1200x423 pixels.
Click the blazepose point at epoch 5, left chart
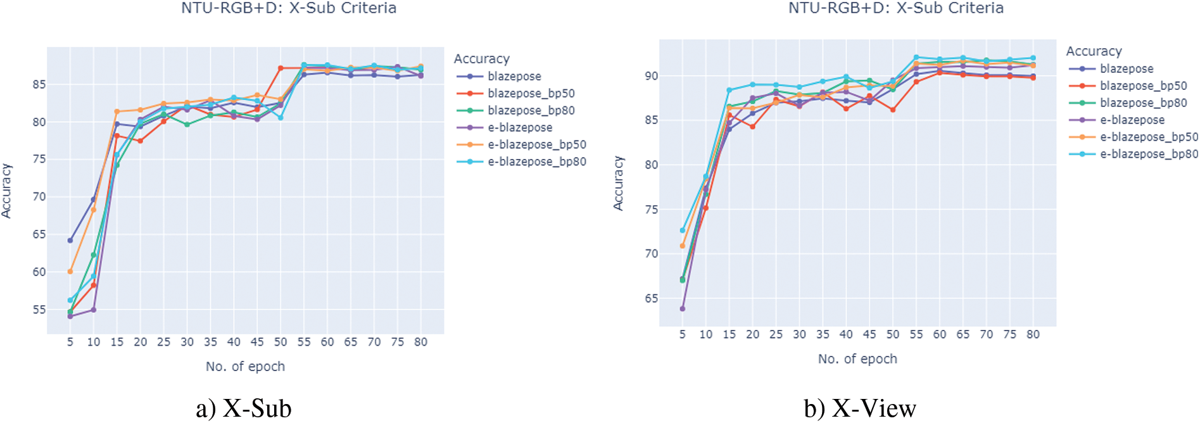(70, 241)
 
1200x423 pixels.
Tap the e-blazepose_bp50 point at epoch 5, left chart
(70, 272)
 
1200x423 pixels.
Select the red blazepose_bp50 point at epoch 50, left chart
(281, 68)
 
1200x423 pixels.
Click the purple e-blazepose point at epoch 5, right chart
(683, 309)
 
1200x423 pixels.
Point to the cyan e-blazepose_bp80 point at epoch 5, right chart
(683, 230)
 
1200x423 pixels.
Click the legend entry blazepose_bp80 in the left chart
(531, 111)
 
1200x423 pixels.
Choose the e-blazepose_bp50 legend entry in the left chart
(536, 145)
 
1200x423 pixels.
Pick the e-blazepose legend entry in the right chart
(1132, 120)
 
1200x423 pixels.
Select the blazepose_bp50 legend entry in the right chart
(1143, 86)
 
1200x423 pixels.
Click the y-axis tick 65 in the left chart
(39, 234)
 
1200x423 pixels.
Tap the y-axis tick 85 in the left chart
(39, 84)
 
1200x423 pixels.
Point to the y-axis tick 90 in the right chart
(651, 76)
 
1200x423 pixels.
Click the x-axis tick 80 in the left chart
(421, 343)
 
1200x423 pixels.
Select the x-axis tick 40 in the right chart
(846, 335)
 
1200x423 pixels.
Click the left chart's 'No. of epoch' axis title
(245, 367)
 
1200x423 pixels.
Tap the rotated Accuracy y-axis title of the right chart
(618, 184)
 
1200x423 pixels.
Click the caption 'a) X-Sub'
(244, 409)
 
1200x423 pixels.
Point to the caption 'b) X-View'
(860, 409)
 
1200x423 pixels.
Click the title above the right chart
(895, 8)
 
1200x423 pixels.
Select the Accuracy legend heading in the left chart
(481, 59)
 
